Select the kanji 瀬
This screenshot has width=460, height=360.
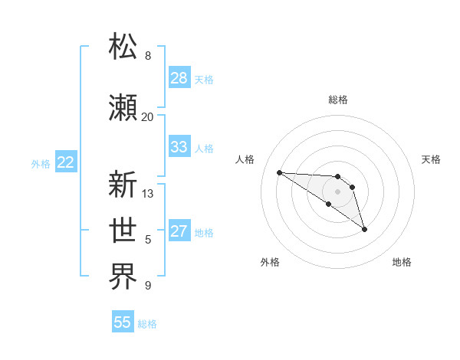point(123,107)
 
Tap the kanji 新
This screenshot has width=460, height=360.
point(123,185)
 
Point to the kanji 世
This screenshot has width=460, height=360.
point(123,231)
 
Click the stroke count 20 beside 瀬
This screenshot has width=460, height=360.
point(147,117)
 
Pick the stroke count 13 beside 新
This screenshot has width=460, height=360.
point(148,194)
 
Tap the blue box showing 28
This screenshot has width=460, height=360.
point(179,78)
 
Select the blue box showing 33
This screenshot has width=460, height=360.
point(179,147)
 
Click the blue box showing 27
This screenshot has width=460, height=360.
point(179,231)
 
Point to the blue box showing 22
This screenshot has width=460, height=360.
point(65,162)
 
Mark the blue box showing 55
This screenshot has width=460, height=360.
point(123,322)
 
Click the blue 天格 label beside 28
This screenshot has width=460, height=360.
point(204,79)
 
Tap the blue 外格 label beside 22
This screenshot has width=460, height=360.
point(41,163)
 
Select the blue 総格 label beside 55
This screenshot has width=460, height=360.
point(147,323)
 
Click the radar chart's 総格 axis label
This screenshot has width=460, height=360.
point(337,100)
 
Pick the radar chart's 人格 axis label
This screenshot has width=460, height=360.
point(245,159)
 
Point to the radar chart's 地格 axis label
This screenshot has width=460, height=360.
point(402,262)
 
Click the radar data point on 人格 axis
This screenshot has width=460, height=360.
point(279,172)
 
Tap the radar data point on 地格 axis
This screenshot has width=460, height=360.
point(364,228)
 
